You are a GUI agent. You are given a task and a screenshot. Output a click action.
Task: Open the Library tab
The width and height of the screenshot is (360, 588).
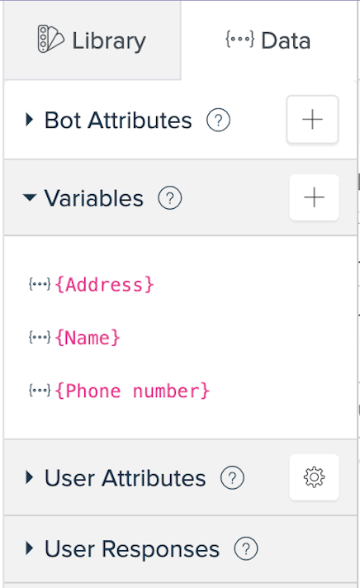[92, 40]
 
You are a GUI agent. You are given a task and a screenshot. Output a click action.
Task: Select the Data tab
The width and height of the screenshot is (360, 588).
[268, 40]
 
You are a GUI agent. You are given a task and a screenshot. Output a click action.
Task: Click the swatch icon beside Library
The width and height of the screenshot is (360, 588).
[50, 38]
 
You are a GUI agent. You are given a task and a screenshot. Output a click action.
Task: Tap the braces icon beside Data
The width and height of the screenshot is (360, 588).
[239, 39]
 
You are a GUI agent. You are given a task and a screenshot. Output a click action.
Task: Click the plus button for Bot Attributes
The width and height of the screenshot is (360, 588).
[312, 120]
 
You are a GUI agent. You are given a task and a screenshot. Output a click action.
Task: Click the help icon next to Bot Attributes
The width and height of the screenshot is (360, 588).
[218, 120]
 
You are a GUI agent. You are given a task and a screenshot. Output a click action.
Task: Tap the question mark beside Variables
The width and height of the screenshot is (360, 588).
[170, 198]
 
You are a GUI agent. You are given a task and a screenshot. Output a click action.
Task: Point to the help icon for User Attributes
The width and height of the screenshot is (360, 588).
[232, 477]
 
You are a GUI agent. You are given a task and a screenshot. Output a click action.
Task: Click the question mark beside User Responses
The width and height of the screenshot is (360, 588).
[246, 548]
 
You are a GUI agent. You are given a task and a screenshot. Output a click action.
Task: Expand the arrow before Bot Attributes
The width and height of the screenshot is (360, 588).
[29, 120]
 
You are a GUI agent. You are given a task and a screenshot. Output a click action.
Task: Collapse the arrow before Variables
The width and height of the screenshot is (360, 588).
[30, 197]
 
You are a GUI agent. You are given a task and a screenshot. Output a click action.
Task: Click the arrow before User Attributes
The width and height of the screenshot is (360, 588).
[29, 477]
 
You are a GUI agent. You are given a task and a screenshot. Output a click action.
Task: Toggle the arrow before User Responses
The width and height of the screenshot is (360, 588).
[29, 548]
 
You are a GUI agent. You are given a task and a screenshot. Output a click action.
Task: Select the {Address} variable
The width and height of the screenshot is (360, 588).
[104, 285]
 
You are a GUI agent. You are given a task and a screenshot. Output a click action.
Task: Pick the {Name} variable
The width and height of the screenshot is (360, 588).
[88, 338]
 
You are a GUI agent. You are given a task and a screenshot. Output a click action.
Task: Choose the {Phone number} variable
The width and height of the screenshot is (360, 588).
[132, 391]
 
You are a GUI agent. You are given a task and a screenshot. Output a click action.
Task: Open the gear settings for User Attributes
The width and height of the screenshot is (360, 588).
[315, 477]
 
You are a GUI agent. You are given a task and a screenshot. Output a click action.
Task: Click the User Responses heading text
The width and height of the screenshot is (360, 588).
[132, 549]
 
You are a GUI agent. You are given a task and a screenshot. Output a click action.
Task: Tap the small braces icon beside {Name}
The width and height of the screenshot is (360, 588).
[40, 338]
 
